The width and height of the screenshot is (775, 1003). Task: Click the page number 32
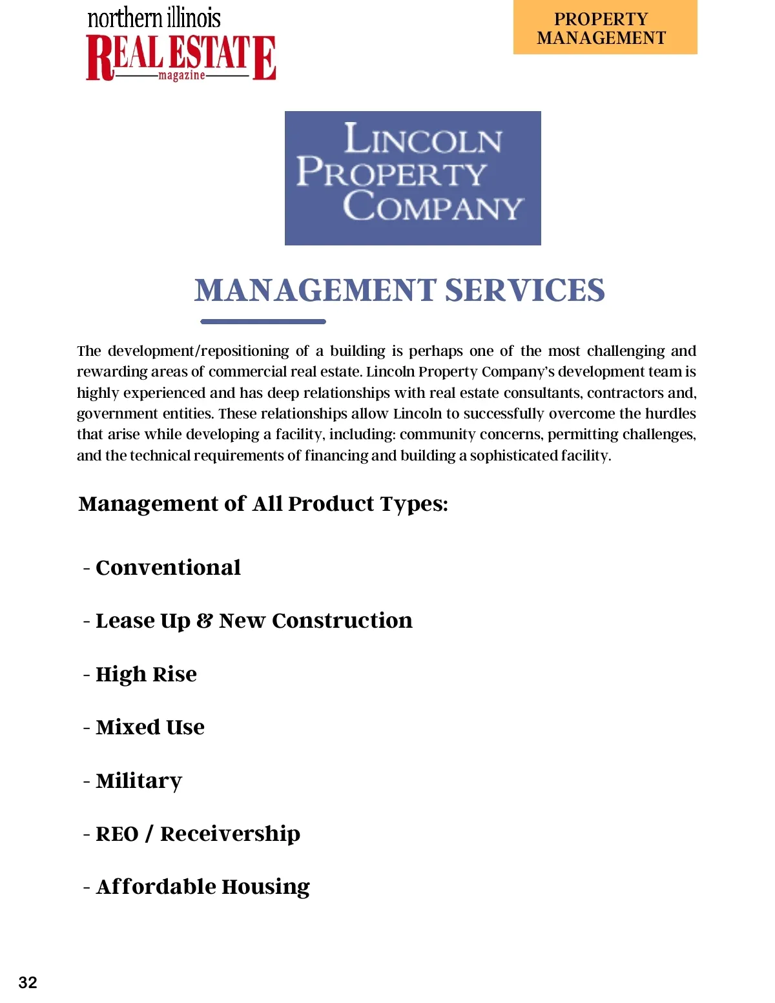pyautogui.click(x=28, y=982)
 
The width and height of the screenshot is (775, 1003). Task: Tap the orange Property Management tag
pyautogui.click(x=605, y=28)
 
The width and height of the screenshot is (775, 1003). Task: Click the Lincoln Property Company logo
pyautogui.click(x=413, y=178)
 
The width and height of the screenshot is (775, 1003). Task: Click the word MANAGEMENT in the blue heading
pyautogui.click(x=316, y=290)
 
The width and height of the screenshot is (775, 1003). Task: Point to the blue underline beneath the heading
pyautogui.click(x=263, y=321)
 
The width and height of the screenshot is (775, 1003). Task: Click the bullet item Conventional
pyautogui.click(x=168, y=568)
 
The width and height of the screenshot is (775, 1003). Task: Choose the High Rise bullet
pyautogui.click(x=146, y=674)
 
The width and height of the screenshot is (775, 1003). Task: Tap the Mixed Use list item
pyautogui.click(x=150, y=727)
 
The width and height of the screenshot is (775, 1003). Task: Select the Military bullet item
pyautogui.click(x=139, y=781)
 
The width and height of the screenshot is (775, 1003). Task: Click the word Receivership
pyautogui.click(x=230, y=834)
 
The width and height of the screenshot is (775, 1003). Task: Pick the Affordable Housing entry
pyautogui.click(x=203, y=887)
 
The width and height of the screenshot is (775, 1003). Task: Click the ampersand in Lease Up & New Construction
pyautogui.click(x=205, y=621)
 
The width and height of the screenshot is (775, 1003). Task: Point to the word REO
pyautogui.click(x=117, y=834)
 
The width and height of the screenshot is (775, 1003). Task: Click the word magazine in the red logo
pyautogui.click(x=181, y=76)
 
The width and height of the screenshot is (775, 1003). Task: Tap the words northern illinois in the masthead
pyautogui.click(x=154, y=18)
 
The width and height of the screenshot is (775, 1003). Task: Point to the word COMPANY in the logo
pyautogui.click(x=433, y=207)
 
